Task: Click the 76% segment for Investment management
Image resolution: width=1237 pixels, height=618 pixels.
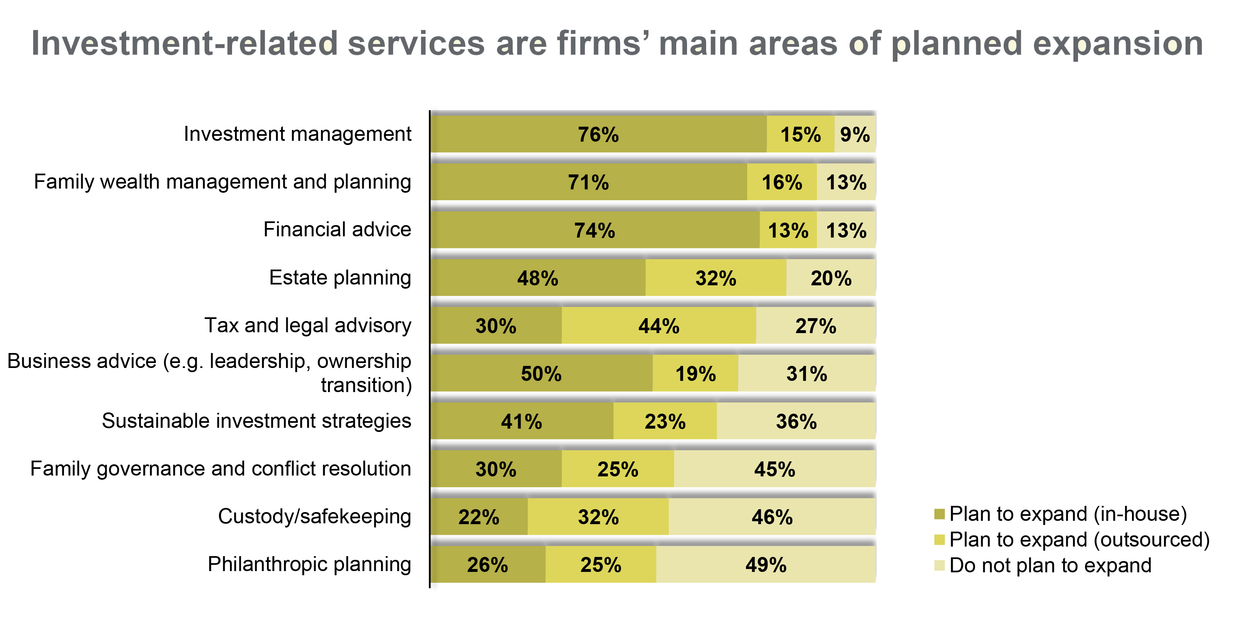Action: point(598,135)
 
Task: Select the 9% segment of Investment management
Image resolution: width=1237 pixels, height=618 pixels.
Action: point(855,135)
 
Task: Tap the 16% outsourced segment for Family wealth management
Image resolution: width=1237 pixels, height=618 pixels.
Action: point(782,183)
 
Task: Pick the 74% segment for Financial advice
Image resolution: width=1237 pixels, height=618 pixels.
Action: point(594,231)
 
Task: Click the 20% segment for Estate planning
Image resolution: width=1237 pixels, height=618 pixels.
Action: point(831,278)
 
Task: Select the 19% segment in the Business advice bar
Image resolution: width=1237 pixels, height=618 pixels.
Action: point(695,374)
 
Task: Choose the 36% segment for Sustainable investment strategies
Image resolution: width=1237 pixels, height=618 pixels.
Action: point(796,422)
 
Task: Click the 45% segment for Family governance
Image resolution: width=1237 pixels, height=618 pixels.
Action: point(774,469)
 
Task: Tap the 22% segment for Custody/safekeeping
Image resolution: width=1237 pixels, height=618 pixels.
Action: point(479,517)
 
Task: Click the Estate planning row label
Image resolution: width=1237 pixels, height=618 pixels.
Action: point(340,278)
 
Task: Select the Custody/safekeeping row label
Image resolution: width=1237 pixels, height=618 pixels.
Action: point(315,517)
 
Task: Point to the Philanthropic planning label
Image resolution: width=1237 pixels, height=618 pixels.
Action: point(309,564)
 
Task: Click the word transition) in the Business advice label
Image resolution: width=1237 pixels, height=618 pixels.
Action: point(367,385)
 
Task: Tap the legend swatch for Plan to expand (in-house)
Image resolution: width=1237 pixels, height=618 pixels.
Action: point(939,514)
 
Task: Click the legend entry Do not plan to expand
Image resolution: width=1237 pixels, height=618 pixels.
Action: point(1050,566)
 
